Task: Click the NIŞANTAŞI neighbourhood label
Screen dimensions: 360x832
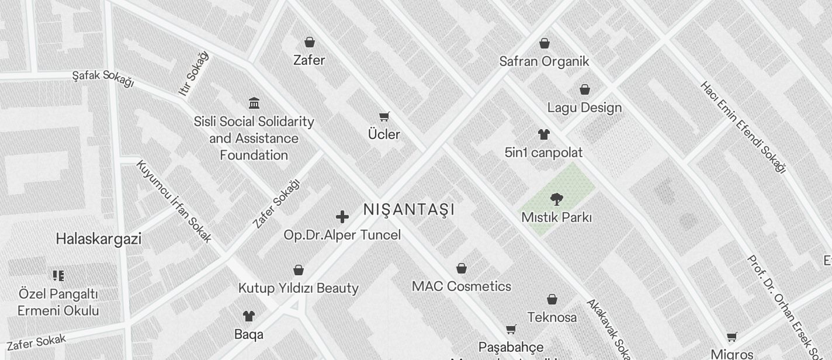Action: click(x=408, y=209)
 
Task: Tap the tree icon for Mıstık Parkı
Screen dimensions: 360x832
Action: click(x=557, y=199)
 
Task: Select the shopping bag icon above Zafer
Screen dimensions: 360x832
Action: click(x=310, y=42)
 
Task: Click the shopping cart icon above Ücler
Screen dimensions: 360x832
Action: click(x=384, y=116)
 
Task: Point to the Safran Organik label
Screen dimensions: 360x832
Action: click(x=544, y=61)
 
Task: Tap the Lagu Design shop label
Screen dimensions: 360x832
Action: click(x=584, y=108)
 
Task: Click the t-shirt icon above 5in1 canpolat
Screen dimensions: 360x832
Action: click(x=544, y=134)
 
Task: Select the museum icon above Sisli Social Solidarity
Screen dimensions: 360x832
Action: click(x=254, y=103)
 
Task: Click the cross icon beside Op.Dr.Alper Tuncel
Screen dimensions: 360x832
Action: click(x=342, y=217)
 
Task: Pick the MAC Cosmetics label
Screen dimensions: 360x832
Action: click(x=462, y=286)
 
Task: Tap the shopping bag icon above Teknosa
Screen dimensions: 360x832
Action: click(x=552, y=300)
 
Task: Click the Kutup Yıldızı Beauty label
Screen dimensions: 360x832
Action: click(x=299, y=288)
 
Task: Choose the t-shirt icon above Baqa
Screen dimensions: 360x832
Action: click(x=249, y=316)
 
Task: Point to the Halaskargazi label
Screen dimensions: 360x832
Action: click(x=99, y=239)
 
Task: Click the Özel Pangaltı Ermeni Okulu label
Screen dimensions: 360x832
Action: click(x=58, y=302)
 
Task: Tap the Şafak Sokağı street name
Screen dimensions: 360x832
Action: click(x=103, y=78)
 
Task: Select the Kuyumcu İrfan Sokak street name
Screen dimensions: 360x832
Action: click(x=174, y=201)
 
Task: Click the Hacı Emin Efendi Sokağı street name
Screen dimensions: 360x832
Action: click(x=743, y=127)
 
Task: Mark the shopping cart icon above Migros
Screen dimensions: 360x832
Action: click(x=732, y=337)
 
